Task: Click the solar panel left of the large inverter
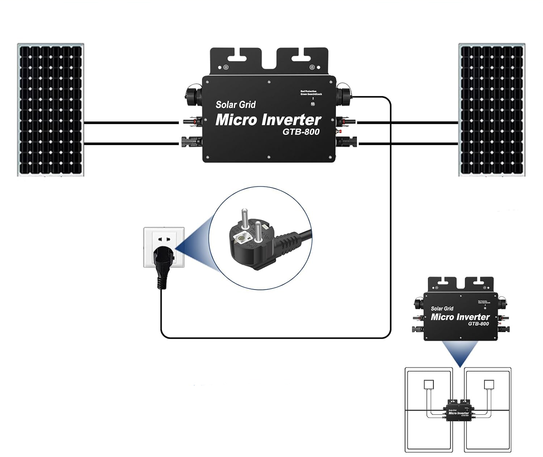pos(51,110)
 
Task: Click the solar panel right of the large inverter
pos(492,110)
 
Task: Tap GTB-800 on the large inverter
pos(301,132)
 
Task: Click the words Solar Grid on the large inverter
pos(236,105)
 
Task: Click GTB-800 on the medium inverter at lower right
pos(478,323)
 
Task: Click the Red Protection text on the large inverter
pos(308,91)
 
